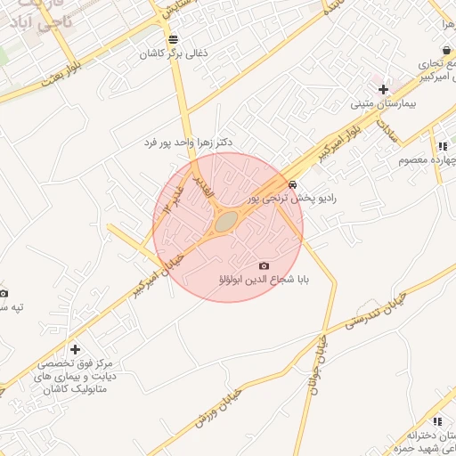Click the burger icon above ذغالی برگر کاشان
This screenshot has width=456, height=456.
[x=173, y=39]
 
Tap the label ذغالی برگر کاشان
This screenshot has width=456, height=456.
[x=173, y=54]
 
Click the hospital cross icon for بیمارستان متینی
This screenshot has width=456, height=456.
[x=383, y=89]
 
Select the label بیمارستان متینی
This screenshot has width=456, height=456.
[x=383, y=104]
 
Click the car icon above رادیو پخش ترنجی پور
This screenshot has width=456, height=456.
[x=292, y=183]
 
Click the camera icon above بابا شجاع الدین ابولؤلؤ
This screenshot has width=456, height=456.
[x=264, y=265]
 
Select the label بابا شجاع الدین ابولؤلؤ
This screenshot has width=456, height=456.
[x=264, y=281]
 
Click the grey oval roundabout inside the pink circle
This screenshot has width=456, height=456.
[x=226, y=220]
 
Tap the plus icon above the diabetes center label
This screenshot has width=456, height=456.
[x=75, y=349]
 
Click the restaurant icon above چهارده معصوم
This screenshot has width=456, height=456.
[x=442, y=146]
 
